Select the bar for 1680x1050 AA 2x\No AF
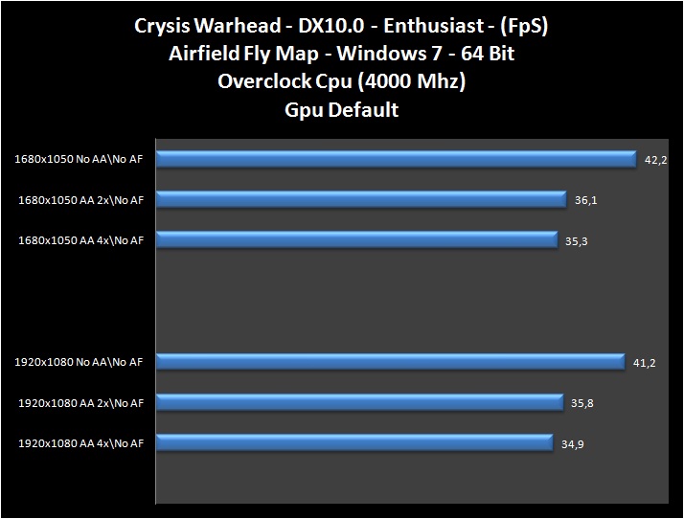(361, 199)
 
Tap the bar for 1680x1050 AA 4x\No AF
(356, 240)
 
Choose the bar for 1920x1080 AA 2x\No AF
(359, 402)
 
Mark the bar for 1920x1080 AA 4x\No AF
(354, 442)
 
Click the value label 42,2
(655, 160)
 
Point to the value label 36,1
(584, 200)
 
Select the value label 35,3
(576, 241)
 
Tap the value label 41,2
(643, 363)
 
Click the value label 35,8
(581, 403)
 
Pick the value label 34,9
(572, 443)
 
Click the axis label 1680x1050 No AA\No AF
(80, 160)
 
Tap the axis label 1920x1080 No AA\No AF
(80, 363)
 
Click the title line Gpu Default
(342, 109)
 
